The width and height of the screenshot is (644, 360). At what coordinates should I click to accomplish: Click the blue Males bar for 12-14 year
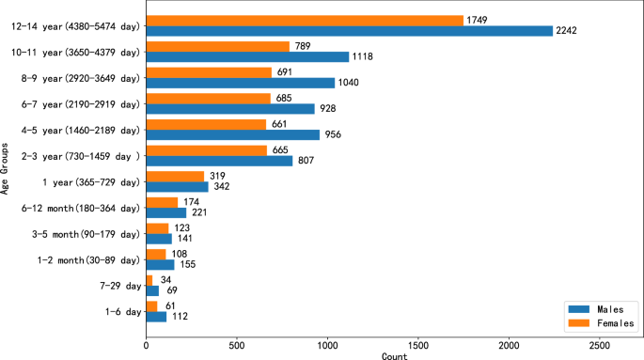click(x=349, y=31)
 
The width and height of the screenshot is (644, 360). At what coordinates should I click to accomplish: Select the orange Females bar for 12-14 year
click(x=305, y=20)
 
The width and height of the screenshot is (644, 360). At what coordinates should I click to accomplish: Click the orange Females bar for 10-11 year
click(x=217, y=46)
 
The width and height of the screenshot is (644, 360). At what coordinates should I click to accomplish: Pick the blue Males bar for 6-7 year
click(x=230, y=109)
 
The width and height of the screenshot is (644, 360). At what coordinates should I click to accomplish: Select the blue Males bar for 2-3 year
click(x=219, y=161)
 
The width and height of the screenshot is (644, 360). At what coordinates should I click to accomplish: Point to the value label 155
click(x=190, y=264)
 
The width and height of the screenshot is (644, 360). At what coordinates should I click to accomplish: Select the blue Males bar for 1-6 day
click(x=156, y=317)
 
